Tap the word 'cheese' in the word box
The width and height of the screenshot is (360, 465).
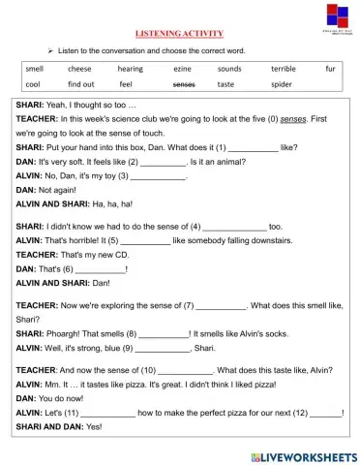click(x=79, y=69)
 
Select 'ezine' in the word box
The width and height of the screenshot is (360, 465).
click(x=182, y=69)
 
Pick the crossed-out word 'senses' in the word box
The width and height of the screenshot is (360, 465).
click(x=183, y=84)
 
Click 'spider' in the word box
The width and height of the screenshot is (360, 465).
click(x=282, y=84)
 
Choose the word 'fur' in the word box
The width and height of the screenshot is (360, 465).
click(x=330, y=69)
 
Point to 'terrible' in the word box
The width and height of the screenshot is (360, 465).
click(x=284, y=69)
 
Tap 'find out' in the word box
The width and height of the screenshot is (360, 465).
click(x=81, y=84)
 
